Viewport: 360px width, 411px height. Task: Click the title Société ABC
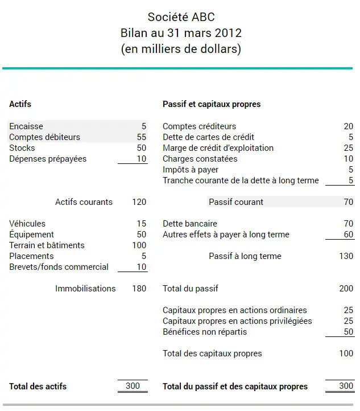pos(181,17)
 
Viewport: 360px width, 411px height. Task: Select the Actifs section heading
pos(20,104)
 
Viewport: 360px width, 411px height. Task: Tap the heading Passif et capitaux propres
pos(212,104)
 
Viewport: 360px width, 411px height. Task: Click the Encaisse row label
pos(26,126)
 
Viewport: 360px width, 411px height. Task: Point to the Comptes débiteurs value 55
pos(142,137)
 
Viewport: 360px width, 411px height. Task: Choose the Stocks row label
pos(22,148)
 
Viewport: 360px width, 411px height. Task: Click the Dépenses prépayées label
pos(48,159)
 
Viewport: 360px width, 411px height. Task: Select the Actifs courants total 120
pos(139,202)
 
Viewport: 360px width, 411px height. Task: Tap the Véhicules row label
pos(27,224)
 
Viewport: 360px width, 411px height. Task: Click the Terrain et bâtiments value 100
pos(139,245)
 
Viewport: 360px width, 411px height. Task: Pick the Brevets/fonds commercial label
pos(59,267)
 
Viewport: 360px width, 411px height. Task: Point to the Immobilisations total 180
pos(139,289)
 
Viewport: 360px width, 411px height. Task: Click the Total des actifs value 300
pos(133,386)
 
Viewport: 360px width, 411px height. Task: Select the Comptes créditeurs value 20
pos(348,126)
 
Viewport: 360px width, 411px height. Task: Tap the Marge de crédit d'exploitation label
pos(218,148)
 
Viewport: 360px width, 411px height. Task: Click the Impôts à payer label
pos(191,170)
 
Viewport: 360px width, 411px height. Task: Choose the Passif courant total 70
pos(348,202)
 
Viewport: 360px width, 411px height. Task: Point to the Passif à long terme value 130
pos(346,256)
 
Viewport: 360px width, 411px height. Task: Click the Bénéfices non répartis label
pos(205,332)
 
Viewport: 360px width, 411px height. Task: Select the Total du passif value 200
pos(346,289)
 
